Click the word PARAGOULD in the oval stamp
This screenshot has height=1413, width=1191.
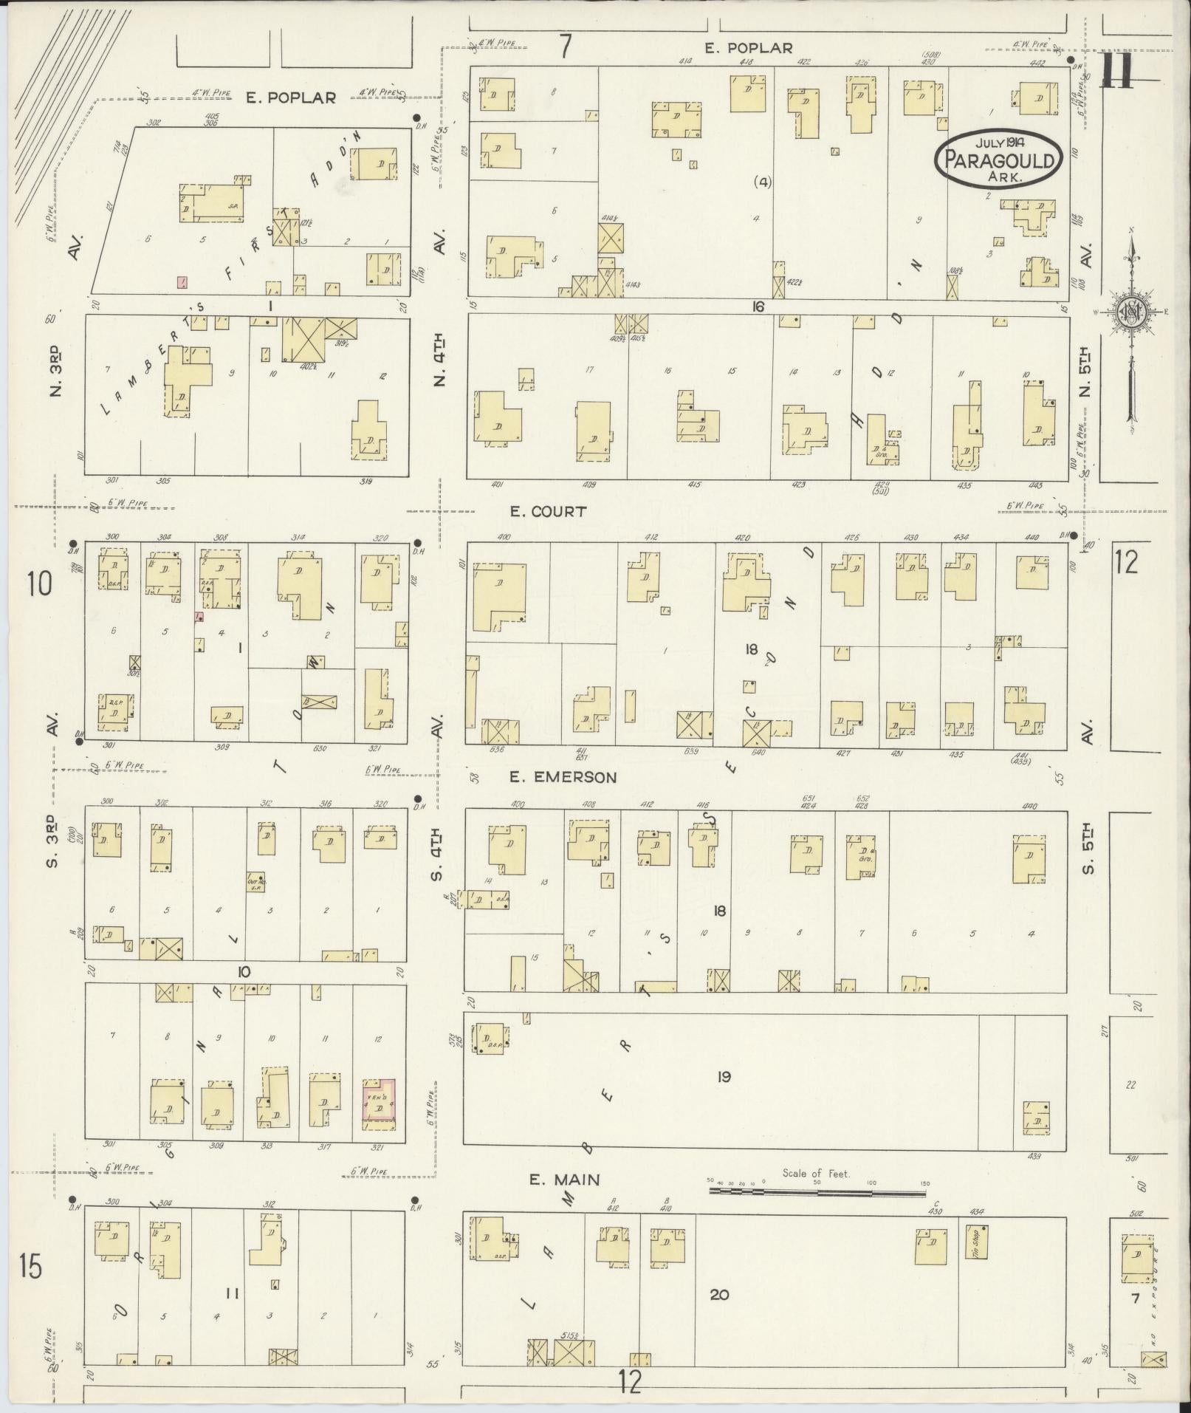point(998,160)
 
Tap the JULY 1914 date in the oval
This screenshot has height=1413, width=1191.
point(998,141)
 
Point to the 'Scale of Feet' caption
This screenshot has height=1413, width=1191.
point(816,1173)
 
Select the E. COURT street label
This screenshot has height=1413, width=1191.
point(549,511)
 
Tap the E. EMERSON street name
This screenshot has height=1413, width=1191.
point(563,777)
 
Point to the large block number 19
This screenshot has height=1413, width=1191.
point(724,1077)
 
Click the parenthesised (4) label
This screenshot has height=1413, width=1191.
point(762,182)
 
